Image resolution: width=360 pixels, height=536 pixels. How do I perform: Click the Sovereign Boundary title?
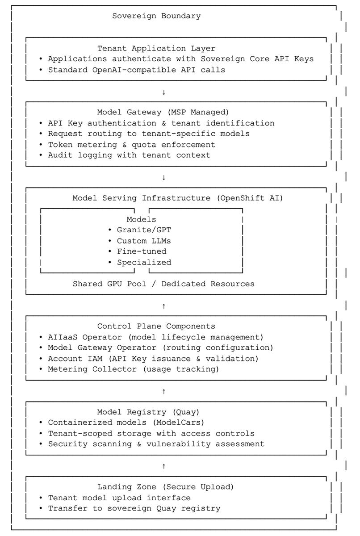pyautogui.click(x=156, y=16)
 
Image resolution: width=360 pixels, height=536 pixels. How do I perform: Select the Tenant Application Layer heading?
pyautogui.click(x=156, y=48)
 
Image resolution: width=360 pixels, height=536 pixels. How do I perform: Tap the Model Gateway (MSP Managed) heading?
pyautogui.click(x=163, y=112)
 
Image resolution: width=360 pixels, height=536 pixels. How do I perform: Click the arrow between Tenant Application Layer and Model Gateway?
pyautogui.click(x=164, y=92)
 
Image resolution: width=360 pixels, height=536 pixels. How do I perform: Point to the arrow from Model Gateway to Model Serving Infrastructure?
pyautogui.click(x=164, y=178)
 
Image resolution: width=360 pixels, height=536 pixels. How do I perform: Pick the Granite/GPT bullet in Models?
pyautogui.click(x=140, y=230)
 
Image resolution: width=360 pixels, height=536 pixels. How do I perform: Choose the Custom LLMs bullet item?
pyautogui.click(x=140, y=241)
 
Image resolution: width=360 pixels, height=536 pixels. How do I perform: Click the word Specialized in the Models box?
pyautogui.click(x=144, y=262)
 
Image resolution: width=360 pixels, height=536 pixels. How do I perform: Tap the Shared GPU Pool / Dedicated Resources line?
pyautogui.click(x=163, y=284)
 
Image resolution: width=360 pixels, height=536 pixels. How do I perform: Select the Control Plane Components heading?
pyautogui.click(x=156, y=326)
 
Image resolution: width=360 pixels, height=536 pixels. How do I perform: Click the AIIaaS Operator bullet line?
pyautogui.click(x=151, y=337)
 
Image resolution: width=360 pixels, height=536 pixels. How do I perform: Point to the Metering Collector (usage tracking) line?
pyautogui.click(x=129, y=369)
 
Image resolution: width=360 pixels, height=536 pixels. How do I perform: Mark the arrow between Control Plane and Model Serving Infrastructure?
pyautogui.click(x=164, y=306)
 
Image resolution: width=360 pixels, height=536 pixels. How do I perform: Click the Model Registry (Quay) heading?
pyautogui.click(x=148, y=412)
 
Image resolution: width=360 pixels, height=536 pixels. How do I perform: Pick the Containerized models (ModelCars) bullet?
pyautogui.click(x=122, y=423)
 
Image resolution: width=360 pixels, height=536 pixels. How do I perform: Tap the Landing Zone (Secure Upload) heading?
pyautogui.click(x=166, y=487)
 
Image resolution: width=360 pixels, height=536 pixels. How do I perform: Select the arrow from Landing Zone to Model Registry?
pyautogui.click(x=164, y=466)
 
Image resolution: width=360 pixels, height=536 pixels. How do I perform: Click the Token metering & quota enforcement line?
pyautogui.click(x=127, y=145)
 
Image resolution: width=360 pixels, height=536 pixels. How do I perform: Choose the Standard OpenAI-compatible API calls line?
pyautogui.click(x=132, y=70)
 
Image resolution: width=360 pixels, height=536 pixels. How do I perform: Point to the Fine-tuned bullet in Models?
pyautogui.click(x=137, y=251)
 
